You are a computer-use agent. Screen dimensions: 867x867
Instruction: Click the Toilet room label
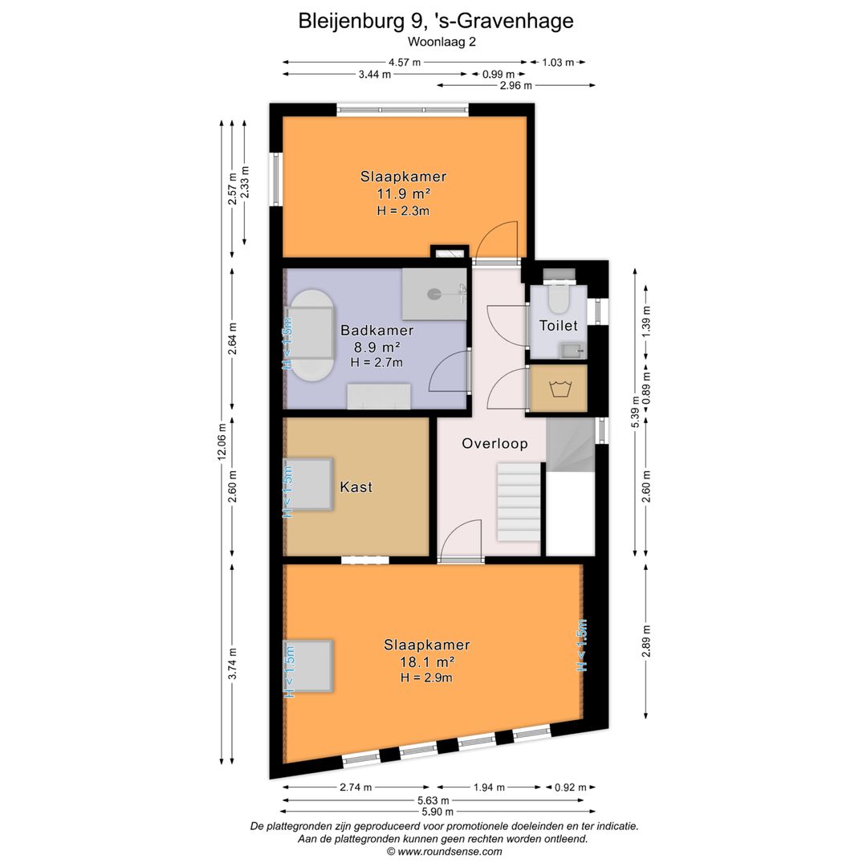point(558,326)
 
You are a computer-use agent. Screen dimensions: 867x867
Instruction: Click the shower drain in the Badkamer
point(434,294)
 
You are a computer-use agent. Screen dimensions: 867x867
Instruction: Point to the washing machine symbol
point(560,389)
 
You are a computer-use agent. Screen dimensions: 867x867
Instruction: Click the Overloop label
point(495,443)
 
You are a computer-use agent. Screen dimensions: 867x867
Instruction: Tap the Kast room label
point(356,487)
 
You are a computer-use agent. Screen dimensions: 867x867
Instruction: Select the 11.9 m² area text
point(404,194)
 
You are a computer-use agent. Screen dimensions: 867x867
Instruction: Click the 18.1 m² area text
point(427,661)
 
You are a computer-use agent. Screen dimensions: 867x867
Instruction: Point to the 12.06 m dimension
point(222,442)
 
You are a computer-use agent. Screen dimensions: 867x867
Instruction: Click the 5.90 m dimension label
point(438,812)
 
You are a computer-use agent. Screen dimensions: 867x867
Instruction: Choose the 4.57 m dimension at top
point(404,63)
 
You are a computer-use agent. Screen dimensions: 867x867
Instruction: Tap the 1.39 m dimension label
point(646,322)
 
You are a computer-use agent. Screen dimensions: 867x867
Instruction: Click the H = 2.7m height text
point(377,363)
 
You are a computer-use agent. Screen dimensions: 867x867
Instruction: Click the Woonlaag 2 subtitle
point(442,42)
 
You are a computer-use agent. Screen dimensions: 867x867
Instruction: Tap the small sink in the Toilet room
point(572,349)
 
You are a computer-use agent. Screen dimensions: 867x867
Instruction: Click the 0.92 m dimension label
point(571,788)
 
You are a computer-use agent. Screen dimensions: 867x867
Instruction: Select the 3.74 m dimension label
point(233,664)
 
